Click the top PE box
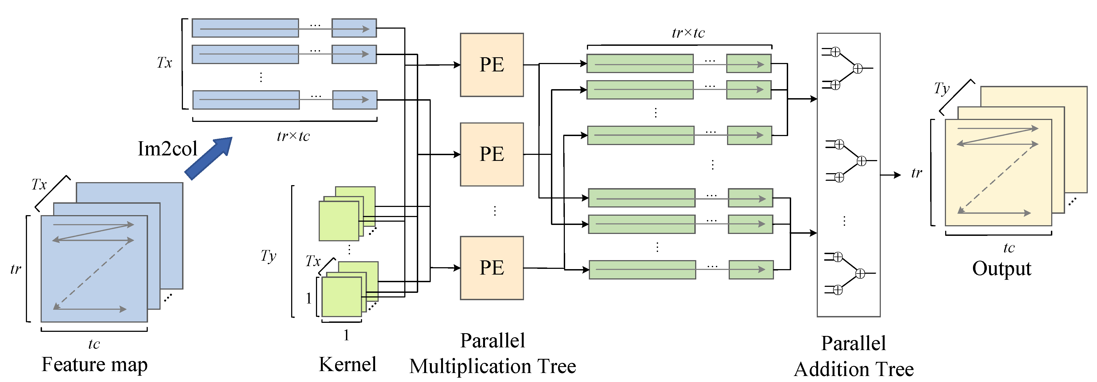tap(492, 65)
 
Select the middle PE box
tap(492, 154)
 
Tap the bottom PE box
tap(492, 268)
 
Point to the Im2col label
tap(167, 149)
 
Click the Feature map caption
tap(95, 365)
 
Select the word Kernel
tap(348, 365)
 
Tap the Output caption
tap(1002, 268)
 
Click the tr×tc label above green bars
tap(688, 33)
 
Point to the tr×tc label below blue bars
tap(293, 136)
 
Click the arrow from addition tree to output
tap(890, 175)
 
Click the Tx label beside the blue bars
tap(164, 63)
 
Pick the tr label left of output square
tap(917, 173)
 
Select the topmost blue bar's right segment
tap(354, 28)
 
